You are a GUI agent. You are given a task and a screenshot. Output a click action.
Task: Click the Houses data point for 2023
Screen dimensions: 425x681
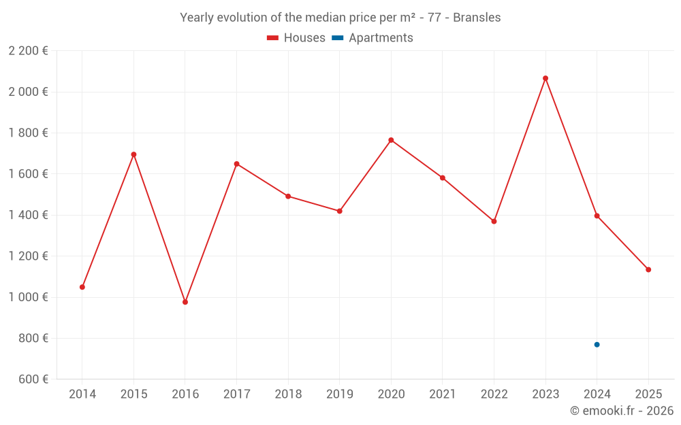coord(545,78)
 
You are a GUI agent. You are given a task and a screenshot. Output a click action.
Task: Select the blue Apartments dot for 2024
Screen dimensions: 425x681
coord(597,345)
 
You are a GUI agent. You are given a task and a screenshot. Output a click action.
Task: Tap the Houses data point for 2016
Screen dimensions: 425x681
coord(185,302)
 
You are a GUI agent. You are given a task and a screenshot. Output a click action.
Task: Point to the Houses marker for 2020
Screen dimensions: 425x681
coord(391,140)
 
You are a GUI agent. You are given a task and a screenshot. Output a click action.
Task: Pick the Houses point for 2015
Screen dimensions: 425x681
coord(133,154)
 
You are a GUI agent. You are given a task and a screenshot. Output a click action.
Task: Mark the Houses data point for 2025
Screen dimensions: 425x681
coord(648,270)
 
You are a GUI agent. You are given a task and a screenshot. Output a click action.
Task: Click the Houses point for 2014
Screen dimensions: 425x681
coord(82,287)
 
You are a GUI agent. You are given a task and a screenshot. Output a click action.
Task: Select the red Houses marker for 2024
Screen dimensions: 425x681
coord(597,216)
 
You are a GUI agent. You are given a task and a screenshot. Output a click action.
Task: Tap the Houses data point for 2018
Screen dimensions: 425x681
coord(288,197)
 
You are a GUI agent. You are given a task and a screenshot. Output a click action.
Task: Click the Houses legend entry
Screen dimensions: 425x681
coord(296,38)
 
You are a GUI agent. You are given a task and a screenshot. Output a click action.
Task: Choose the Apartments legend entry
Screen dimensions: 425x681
coord(373,38)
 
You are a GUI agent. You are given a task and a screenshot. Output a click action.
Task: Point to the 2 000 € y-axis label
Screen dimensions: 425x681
coord(28,92)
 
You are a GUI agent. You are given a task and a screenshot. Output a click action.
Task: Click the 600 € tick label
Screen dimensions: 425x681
coord(33,379)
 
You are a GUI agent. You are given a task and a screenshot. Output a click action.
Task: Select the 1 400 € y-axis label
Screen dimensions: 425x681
coord(28,215)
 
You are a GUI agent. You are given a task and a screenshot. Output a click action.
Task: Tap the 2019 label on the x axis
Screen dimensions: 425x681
coord(339,394)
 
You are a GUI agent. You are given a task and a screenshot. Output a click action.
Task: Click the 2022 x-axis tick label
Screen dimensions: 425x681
coord(494,394)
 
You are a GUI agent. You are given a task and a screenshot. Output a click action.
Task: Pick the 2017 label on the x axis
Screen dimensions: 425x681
coord(236,394)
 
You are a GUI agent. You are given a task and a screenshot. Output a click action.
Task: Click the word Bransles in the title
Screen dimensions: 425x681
coord(476,18)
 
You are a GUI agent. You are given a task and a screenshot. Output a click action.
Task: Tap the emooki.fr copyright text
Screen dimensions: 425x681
coord(622,411)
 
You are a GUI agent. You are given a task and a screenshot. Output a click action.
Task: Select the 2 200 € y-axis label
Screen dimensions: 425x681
coord(28,51)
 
